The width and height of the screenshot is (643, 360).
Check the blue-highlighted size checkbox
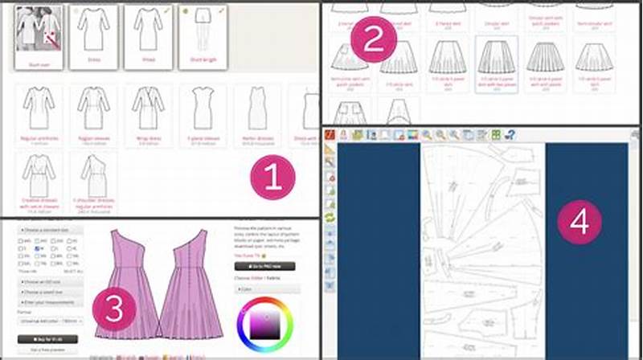coord(38,248)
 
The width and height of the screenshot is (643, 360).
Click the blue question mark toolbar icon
coord(510,135)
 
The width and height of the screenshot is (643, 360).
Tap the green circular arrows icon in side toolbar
coord(330,217)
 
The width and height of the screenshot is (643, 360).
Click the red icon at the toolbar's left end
coord(342,135)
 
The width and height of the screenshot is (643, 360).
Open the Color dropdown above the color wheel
coord(267,288)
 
